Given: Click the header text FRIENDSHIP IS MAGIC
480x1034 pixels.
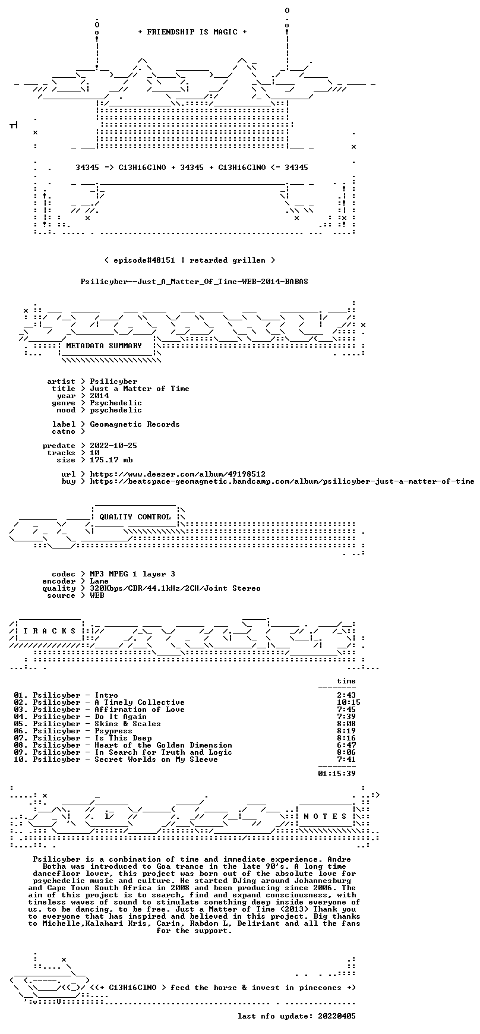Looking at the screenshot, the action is (x=192, y=32).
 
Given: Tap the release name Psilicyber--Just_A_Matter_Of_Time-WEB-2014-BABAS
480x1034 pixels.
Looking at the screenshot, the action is (x=194, y=282).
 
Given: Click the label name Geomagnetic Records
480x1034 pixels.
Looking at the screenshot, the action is (x=135, y=424).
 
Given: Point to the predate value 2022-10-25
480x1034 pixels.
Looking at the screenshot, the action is (x=113, y=446).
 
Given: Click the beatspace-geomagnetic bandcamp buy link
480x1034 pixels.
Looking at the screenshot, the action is (x=282, y=481).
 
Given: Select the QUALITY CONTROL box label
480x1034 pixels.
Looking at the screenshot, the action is (x=135, y=517).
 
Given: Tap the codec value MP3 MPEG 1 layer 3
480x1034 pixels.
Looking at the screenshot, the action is (x=132, y=574).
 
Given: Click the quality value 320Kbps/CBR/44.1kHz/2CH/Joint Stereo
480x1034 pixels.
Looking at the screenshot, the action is (x=175, y=588).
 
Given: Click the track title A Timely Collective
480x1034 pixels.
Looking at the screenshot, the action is (x=140, y=702).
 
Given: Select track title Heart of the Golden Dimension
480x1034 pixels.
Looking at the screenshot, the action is (x=163, y=745).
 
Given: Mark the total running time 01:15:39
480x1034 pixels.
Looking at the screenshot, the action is (x=337, y=774).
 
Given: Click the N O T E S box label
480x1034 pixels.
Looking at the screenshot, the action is (x=325, y=817).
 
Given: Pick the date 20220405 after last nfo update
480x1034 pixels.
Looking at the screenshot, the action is (x=337, y=1016).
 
